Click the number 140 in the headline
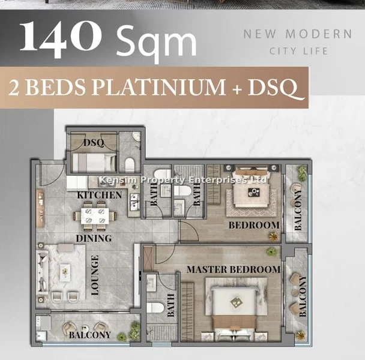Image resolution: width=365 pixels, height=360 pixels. point(61,38)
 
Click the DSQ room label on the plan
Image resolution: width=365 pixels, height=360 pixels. point(94,142)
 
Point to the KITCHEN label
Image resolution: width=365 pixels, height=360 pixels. point(100,195)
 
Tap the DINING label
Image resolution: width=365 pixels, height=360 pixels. point(94,238)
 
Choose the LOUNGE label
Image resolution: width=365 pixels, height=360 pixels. point(95,275)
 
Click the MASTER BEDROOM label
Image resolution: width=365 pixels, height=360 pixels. point(234,269)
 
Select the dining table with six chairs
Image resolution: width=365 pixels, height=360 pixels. point(95,216)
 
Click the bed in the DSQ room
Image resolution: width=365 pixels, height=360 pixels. point(94,163)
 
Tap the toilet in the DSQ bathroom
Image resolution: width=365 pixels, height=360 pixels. point(130,164)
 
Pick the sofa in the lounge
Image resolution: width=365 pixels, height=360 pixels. point(43,272)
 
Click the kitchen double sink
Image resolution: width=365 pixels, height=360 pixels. point(134,202)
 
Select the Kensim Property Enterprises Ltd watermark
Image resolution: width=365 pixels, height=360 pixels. point(183,180)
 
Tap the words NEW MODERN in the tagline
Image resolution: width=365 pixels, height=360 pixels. point(298,34)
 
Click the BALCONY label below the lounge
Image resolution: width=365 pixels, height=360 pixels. point(89,335)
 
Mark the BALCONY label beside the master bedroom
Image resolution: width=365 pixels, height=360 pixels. point(303,296)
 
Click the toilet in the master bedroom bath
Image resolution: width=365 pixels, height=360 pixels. point(155,308)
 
